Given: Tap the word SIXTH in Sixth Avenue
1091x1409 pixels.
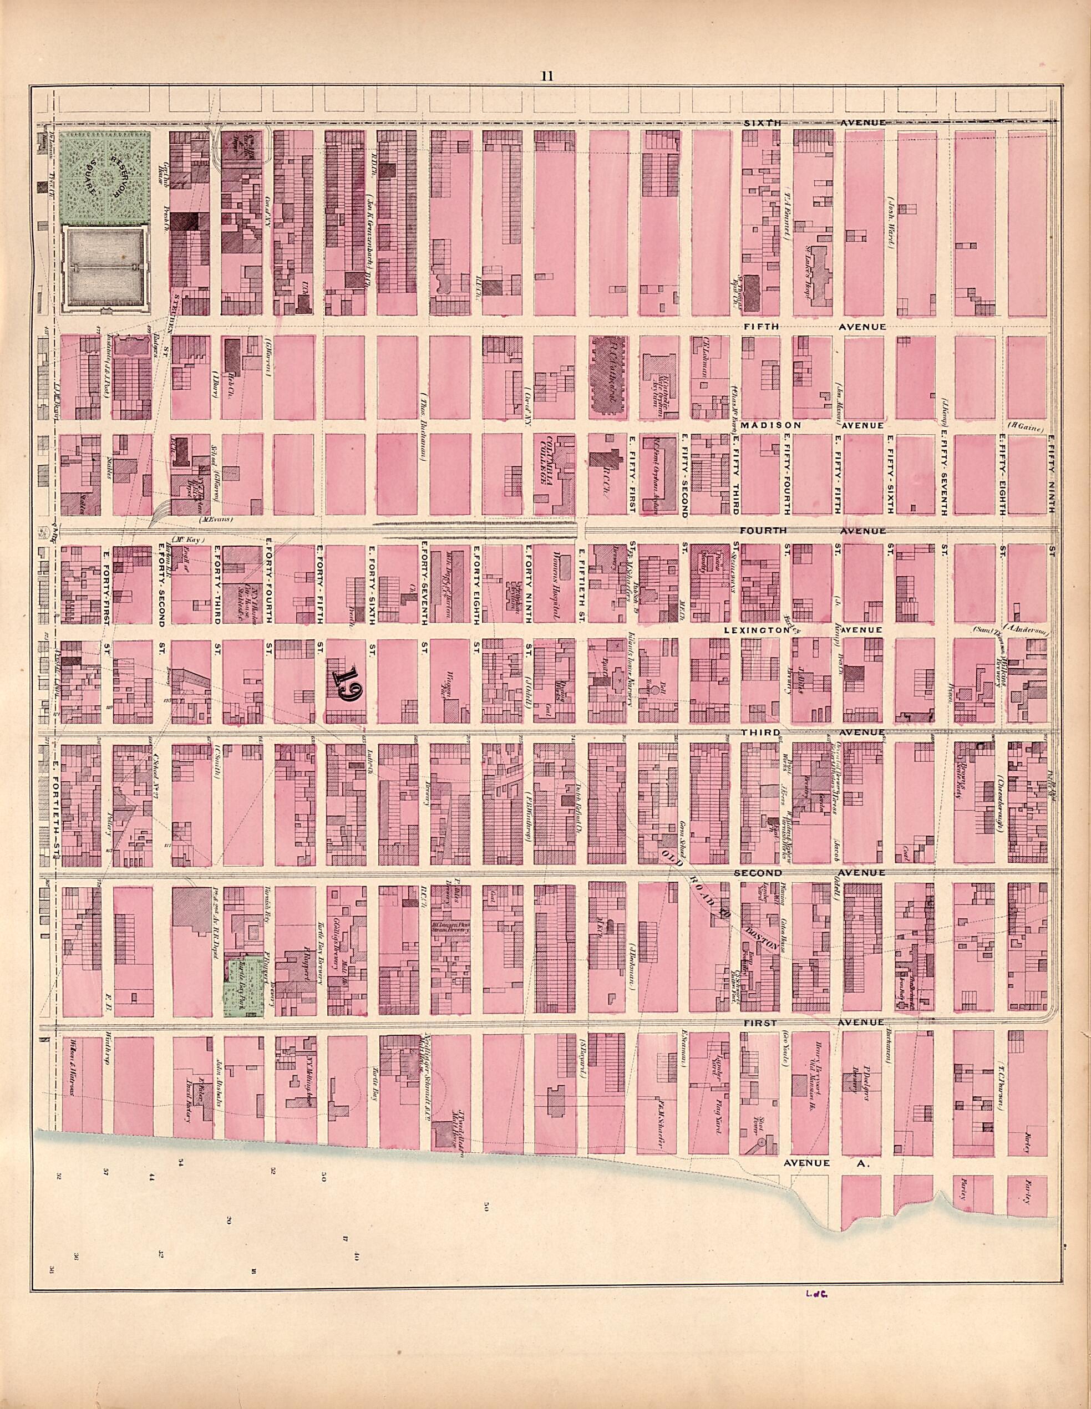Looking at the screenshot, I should (x=755, y=123).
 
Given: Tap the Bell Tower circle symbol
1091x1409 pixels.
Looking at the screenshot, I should (x=654, y=689).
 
